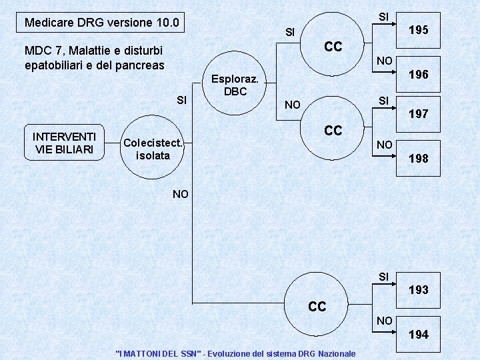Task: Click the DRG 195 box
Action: pos(419,30)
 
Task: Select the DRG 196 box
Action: pos(419,75)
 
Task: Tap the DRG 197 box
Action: pos(419,114)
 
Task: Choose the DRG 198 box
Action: pos(419,158)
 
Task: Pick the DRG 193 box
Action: pos(419,290)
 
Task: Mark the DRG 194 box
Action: pos(419,334)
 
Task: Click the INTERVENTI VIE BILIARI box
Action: pos(64,143)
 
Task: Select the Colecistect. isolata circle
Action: pos(153,149)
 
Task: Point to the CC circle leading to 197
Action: pos(333,130)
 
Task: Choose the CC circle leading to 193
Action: pos(317,306)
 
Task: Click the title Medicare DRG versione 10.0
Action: pos(101,23)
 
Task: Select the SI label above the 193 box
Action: pos(383,276)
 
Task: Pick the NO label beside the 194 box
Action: pos(384,321)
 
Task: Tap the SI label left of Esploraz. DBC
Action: pos(181,100)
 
